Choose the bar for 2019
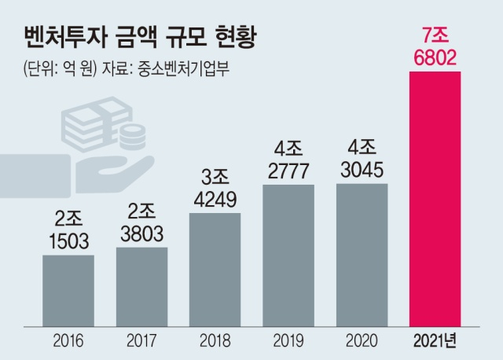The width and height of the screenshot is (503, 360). [x=288, y=252]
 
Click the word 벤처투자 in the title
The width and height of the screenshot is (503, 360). [x=67, y=37]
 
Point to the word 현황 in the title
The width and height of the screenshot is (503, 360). [x=240, y=37]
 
